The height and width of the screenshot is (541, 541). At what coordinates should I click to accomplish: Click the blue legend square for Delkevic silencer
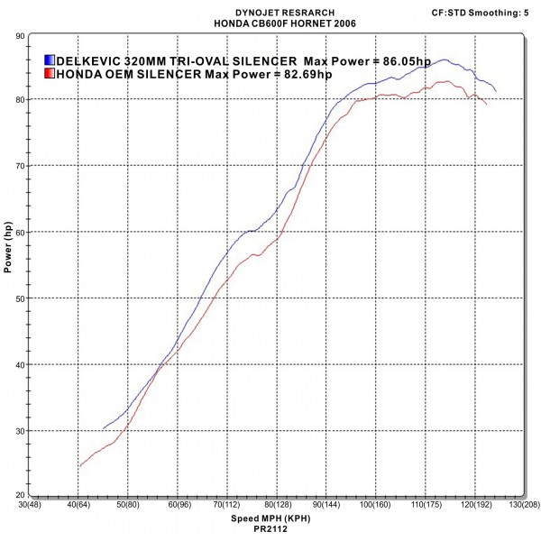49,59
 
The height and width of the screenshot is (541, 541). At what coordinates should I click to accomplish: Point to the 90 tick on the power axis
20,35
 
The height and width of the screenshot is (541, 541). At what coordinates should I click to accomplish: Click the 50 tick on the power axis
20,298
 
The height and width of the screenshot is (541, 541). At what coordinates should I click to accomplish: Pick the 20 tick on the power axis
20,496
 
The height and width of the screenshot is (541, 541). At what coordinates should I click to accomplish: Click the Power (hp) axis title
8,248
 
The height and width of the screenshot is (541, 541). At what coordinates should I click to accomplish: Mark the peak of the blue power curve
445,60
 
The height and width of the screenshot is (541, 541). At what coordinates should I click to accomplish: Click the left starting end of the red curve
79,467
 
